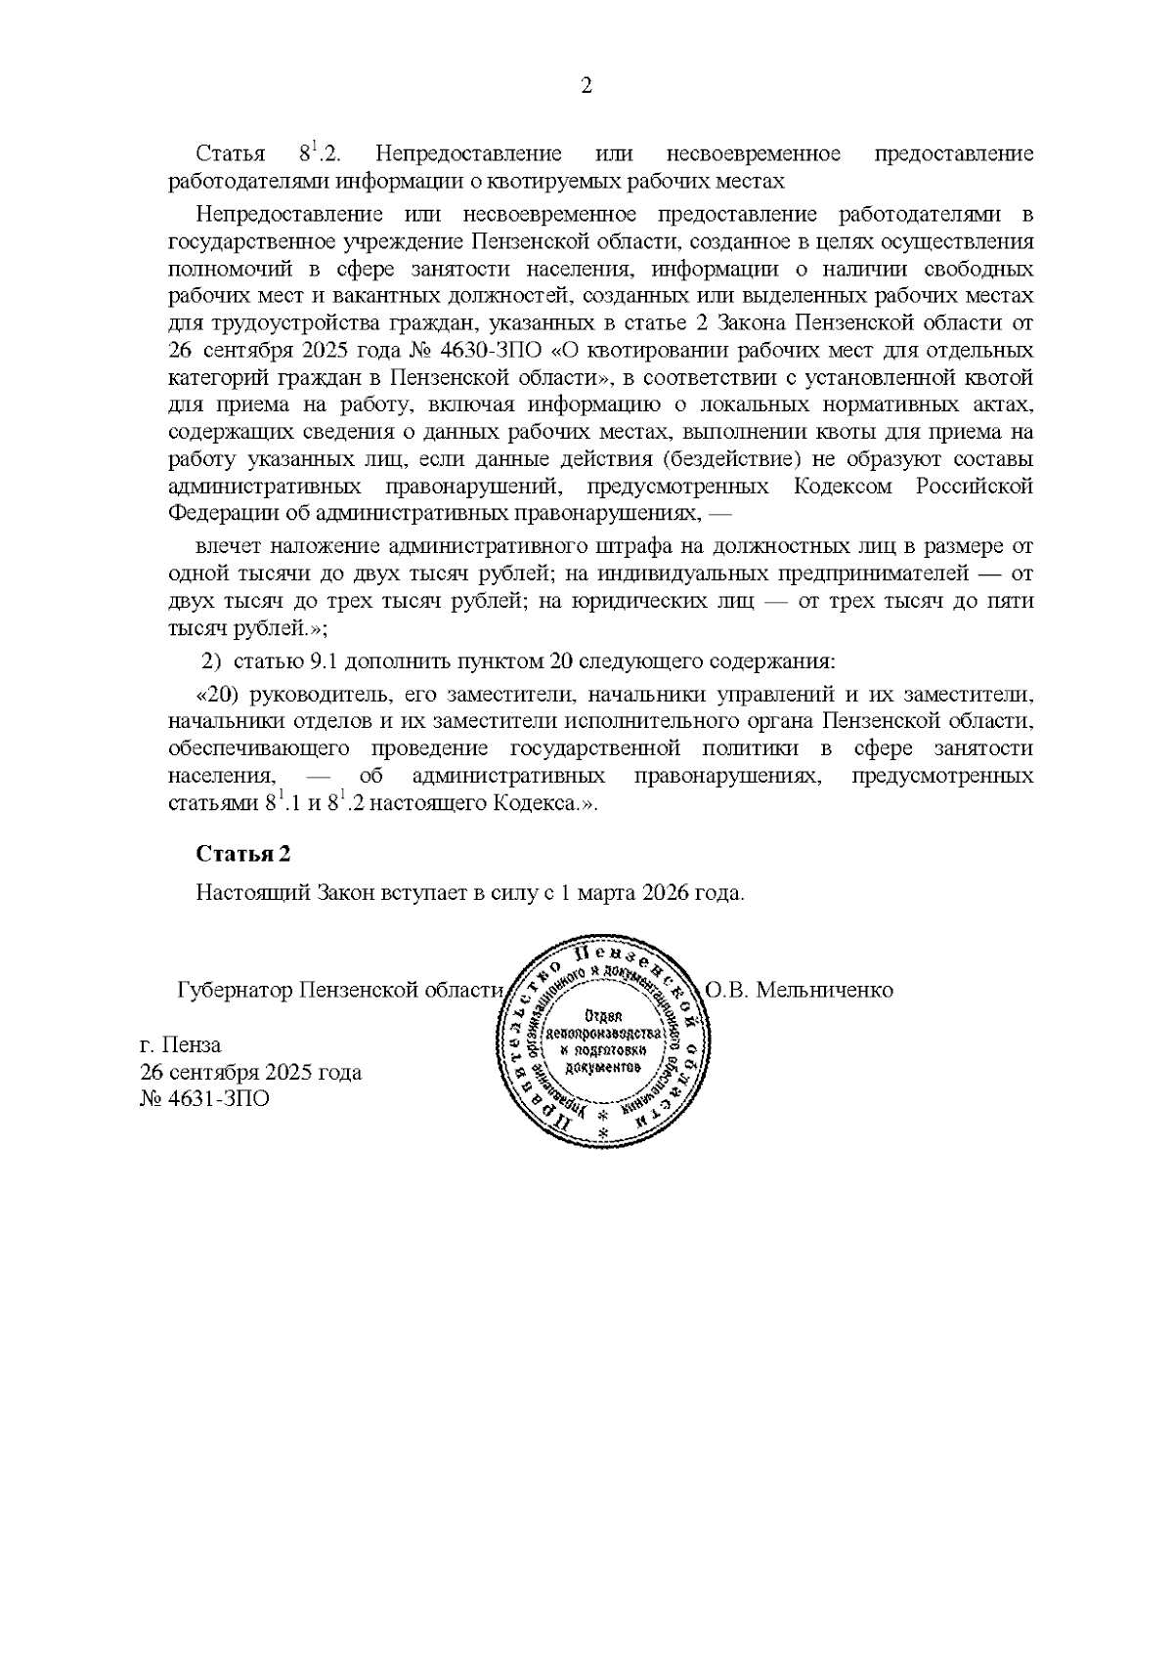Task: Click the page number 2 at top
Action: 586,86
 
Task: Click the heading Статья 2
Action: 243,854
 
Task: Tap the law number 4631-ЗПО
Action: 204,1099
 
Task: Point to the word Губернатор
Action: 235,990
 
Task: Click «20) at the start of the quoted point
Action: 219,695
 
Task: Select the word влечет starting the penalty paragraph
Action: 227,547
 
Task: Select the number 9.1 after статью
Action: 325,661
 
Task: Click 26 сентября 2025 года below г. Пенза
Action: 251,1072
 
